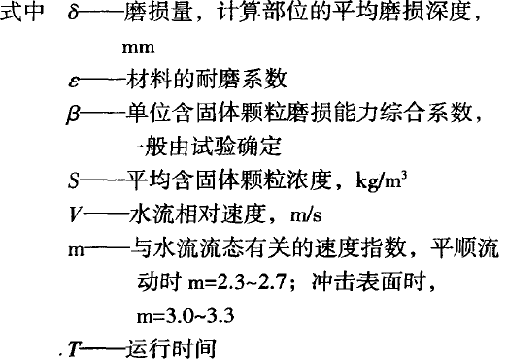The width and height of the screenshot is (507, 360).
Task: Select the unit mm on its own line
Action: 141,47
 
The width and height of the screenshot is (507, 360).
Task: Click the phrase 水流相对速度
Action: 181,213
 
